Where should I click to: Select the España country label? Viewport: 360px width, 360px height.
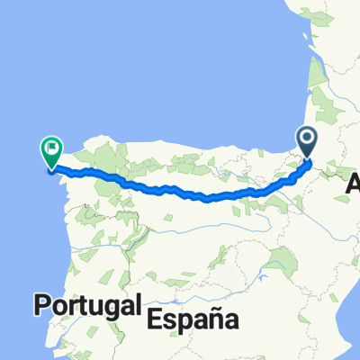(x=191, y=318)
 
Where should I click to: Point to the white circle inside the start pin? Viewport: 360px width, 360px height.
(x=308, y=139)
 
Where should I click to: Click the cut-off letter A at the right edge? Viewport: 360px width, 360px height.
(x=354, y=187)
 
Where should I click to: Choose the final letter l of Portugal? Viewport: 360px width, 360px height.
(x=137, y=305)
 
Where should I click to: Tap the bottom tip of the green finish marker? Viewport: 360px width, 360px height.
(x=50, y=168)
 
